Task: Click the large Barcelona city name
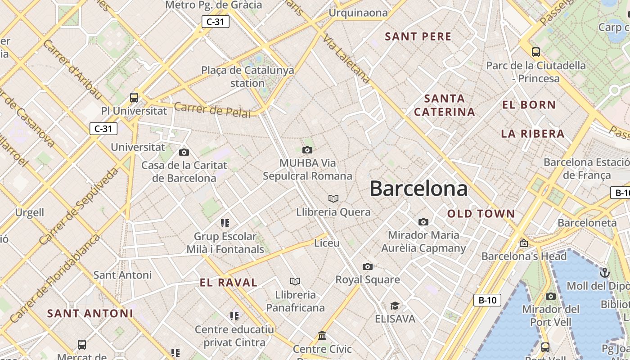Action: pos(418,189)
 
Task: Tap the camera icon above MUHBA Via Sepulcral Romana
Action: pos(307,150)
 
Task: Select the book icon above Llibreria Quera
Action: pos(333,198)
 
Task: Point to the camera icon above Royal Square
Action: pos(368,266)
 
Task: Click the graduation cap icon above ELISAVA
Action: pos(395,306)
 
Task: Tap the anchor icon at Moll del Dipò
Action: pos(605,272)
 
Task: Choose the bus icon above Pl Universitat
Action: pos(134,97)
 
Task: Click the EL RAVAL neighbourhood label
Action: pos(229,283)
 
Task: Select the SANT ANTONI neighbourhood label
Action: pos(90,313)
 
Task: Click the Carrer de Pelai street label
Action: pos(212,110)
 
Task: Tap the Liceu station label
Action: pos(327,243)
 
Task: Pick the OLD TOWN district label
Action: pos(481,214)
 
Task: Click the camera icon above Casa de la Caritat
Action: pos(184,152)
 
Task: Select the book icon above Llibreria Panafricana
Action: pos(295,281)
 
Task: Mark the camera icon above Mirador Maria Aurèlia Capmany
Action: pos(423,222)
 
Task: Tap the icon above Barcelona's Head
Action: pos(524,243)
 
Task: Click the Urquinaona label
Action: pos(358,13)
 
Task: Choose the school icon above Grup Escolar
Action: pos(225,223)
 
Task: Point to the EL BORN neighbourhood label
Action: pos(529,105)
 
